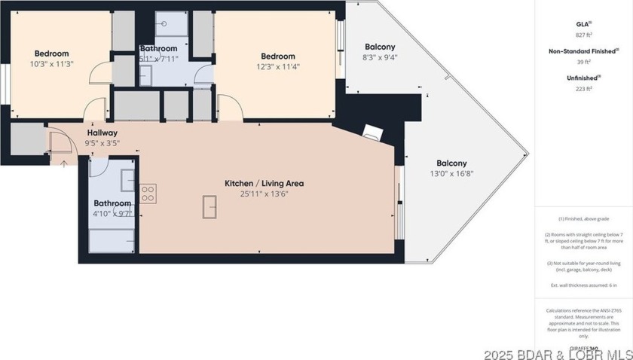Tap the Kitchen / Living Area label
(264, 183)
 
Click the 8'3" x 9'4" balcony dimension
(380, 57)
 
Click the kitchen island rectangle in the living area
(209, 206)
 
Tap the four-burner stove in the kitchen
(148, 193)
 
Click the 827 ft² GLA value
(583, 35)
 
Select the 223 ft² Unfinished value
(583, 88)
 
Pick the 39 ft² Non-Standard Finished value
(583, 61)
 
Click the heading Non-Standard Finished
(583, 51)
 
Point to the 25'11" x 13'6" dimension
(264, 194)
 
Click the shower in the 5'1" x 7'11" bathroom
(171, 24)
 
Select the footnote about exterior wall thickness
(583, 285)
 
